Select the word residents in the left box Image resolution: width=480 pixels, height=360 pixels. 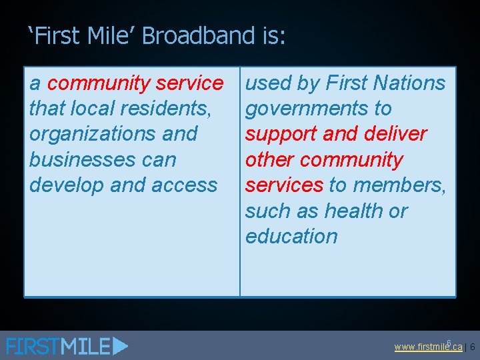(166, 108)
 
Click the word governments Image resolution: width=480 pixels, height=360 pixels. (309, 108)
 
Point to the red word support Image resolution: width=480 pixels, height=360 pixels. (281, 133)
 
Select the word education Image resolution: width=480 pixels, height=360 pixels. (291, 236)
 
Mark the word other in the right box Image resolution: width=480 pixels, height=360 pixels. (269, 159)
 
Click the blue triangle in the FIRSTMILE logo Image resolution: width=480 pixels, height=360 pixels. (120, 346)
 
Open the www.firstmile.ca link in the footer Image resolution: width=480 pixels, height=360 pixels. (427, 347)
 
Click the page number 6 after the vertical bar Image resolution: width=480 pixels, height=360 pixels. (472, 347)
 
